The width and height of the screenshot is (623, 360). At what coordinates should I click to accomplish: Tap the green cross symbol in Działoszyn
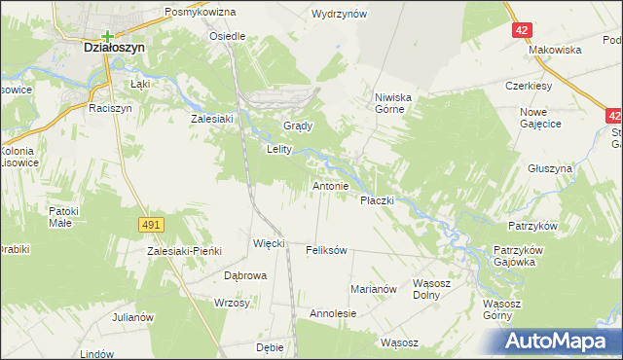(x=106, y=37)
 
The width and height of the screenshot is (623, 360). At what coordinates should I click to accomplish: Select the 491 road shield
(x=150, y=225)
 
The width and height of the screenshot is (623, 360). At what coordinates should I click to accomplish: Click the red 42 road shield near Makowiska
(x=523, y=30)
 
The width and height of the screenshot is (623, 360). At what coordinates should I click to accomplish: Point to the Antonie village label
(x=330, y=185)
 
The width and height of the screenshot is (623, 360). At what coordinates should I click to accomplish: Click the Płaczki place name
(x=376, y=199)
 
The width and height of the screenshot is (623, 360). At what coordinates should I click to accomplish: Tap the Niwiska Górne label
(x=395, y=103)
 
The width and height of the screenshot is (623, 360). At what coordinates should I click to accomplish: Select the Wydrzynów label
(x=338, y=15)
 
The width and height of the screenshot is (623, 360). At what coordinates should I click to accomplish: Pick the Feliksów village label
(x=326, y=250)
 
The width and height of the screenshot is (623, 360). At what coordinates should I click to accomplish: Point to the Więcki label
(x=268, y=243)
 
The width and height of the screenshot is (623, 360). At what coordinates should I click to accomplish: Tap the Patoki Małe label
(x=66, y=215)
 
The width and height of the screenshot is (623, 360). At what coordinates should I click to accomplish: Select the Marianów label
(x=374, y=289)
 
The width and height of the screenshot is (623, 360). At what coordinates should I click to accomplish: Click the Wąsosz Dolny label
(x=435, y=289)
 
